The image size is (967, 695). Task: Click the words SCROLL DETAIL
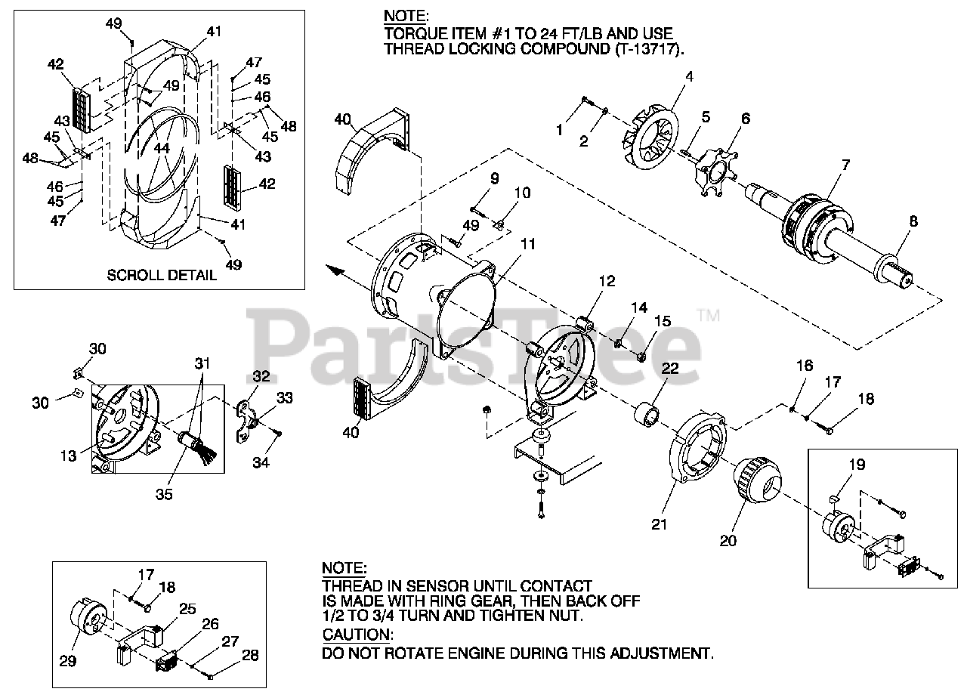[161, 275]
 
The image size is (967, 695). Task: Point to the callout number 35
[164, 494]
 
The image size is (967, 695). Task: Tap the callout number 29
[67, 660]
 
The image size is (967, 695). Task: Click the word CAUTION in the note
[357, 635]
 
